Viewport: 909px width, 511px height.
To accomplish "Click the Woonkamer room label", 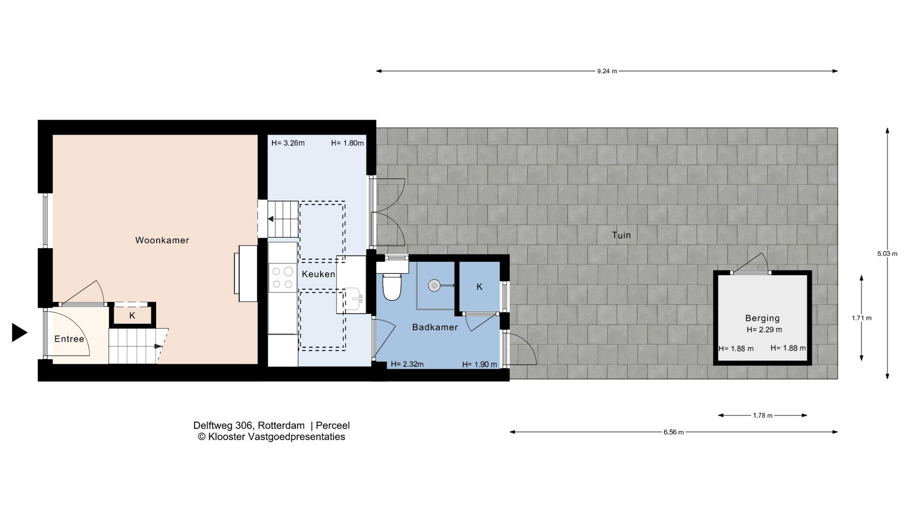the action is [x=162, y=240].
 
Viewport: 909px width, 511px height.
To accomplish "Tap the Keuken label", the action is [x=319, y=274].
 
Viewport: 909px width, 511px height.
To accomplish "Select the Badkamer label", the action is [x=435, y=327].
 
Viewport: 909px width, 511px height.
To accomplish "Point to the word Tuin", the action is [x=621, y=235].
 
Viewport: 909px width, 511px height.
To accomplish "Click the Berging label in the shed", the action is [x=762, y=318].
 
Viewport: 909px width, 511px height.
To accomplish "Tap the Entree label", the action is [x=69, y=339].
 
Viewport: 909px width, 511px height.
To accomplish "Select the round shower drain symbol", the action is [x=434, y=285].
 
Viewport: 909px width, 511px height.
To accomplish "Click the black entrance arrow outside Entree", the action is [x=19, y=333].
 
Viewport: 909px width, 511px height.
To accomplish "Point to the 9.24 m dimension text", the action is [x=607, y=71].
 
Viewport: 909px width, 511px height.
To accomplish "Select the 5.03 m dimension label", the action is [x=887, y=254].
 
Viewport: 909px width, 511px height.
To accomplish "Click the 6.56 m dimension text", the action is [x=673, y=432].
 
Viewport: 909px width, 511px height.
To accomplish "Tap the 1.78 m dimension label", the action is [x=762, y=416].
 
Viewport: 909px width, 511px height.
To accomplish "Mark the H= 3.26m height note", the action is [x=288, y=143].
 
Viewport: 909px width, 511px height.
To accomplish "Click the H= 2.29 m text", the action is [x=764, y=330].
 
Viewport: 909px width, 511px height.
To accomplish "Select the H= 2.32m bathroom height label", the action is [x=407, y=364].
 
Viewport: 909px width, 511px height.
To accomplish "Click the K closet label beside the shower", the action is [x=479, y=287].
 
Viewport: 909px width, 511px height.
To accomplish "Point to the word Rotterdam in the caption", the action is [x=281, y=426].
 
